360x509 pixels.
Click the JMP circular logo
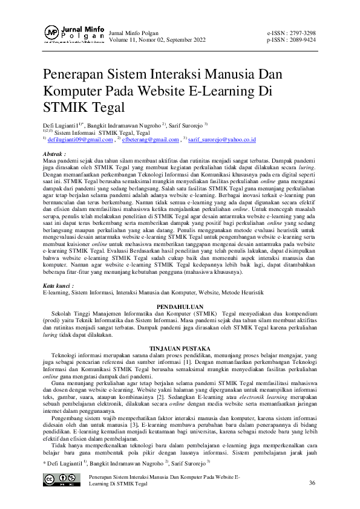(52, 33)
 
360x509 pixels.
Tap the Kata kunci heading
(59, 284)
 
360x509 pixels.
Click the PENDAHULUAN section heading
(180, 307)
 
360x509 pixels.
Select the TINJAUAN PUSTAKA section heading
(180, 349)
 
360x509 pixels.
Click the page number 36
(312, 482)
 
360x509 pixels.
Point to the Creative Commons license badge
(61, 479)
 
